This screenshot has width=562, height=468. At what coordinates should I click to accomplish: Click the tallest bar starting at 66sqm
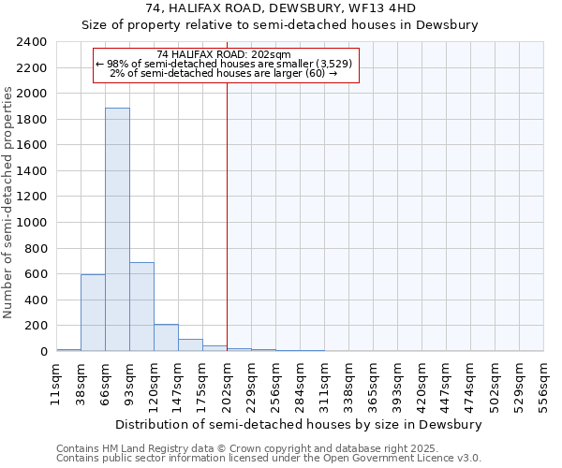(117, 229)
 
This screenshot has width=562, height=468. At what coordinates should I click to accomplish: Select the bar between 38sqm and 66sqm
(93, 313)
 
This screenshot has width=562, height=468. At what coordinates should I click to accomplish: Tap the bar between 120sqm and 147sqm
(166, 338)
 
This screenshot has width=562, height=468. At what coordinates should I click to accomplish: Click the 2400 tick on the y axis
(32, 42)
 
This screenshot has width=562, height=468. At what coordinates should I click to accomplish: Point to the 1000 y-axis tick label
(32, 223)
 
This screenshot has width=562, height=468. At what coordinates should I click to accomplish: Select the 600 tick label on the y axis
(36, 274)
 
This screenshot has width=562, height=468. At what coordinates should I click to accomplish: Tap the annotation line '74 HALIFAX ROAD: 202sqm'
(225, 54)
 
